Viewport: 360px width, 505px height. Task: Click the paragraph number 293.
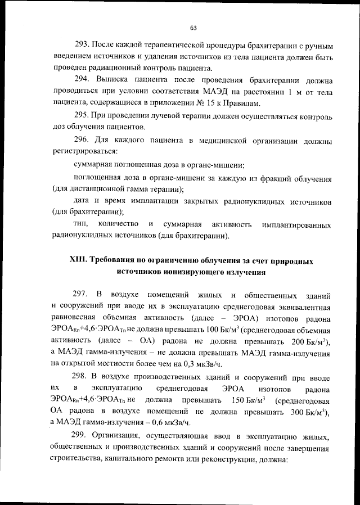point(83,45)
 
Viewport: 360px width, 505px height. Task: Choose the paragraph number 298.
point(83,377)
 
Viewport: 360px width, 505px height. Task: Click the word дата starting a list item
point(83,201)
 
